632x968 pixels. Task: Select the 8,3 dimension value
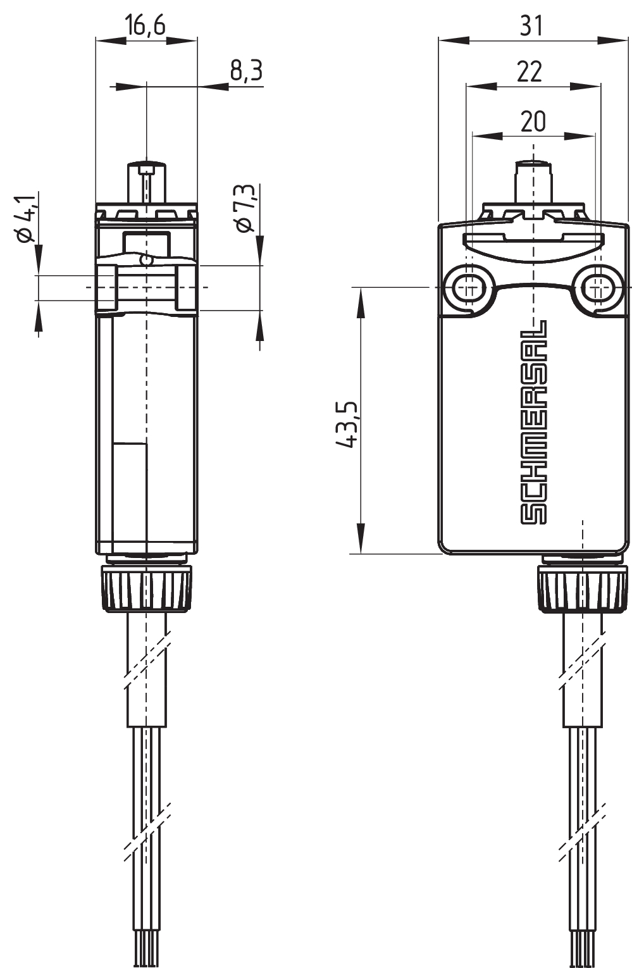[x=245, y=71]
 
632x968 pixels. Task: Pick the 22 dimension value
[x=530, y=71]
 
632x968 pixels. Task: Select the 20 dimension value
[x=533, y=120]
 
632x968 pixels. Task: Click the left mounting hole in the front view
[x=469, y=288]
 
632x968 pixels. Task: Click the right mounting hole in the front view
[x=597, y=288]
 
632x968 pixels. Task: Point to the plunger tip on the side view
[x=146, y=170]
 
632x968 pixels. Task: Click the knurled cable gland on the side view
[x=147, y=588]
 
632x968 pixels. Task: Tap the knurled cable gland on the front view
[x=583, y=588]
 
